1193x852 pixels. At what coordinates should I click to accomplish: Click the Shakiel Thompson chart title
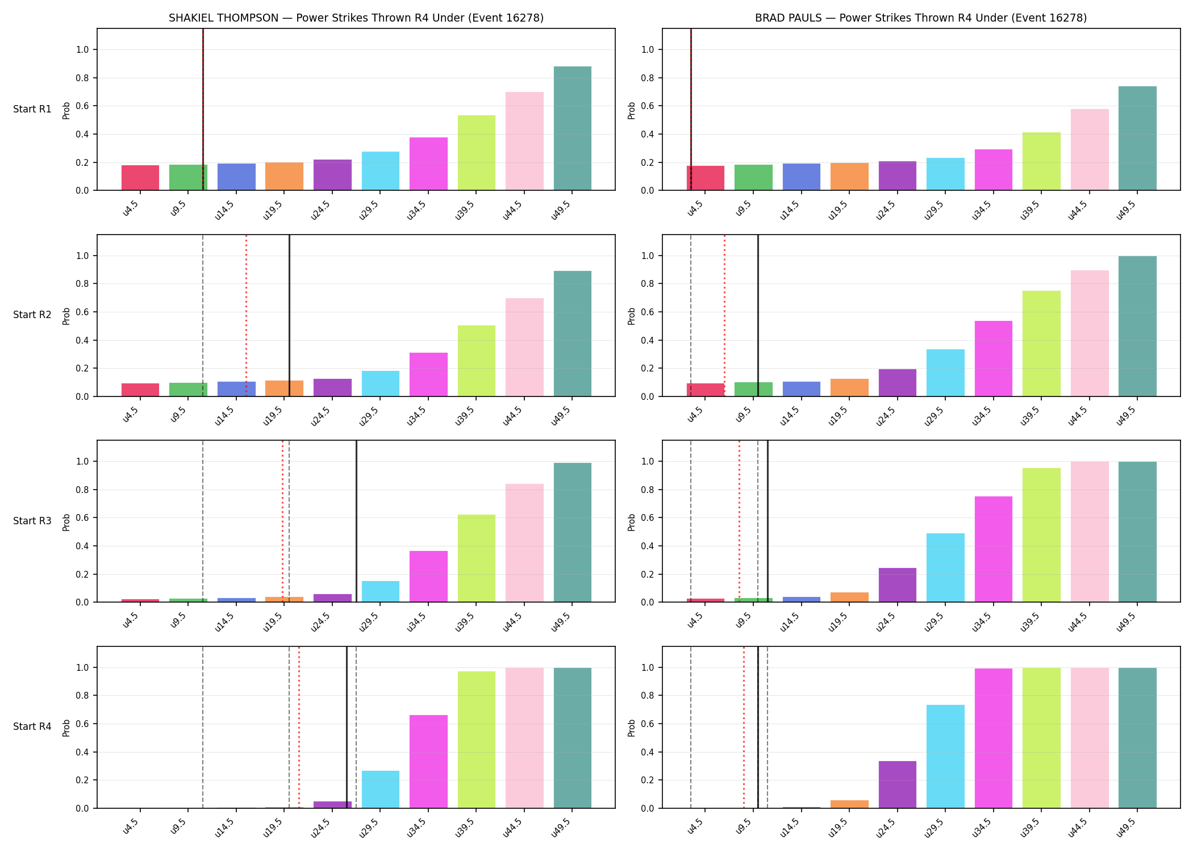[356, 18]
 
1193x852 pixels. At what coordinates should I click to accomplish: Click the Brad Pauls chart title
[921, 18]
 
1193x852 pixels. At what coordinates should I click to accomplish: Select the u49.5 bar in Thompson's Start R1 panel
[573, 128]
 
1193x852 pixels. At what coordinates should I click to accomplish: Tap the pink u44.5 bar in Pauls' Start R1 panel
[1090, 149]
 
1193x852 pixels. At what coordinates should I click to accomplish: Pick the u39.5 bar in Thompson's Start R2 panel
[477, 361]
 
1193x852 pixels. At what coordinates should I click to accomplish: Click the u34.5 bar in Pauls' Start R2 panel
[994, 358]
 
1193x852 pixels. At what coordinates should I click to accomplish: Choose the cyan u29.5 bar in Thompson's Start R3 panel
[381, 591]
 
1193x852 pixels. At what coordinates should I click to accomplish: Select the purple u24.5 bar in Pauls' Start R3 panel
[898, 585]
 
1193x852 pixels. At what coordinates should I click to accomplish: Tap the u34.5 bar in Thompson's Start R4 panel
[428, 762]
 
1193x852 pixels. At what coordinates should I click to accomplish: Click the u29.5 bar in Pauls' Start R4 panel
[945, 757]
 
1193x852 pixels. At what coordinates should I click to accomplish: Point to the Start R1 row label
[32, 109]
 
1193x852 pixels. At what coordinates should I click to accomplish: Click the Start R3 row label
[32, 521]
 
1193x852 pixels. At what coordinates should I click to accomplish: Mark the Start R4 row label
[32, 726]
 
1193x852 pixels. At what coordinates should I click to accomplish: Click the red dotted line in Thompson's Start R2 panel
[246, 315]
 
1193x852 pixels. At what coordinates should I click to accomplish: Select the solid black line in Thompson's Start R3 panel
[356, 521]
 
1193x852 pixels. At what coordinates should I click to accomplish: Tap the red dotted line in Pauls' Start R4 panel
[744, 727]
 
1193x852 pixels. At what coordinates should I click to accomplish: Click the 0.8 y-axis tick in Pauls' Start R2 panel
[648, 284]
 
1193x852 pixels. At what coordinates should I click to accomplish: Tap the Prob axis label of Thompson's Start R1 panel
[66, 111]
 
